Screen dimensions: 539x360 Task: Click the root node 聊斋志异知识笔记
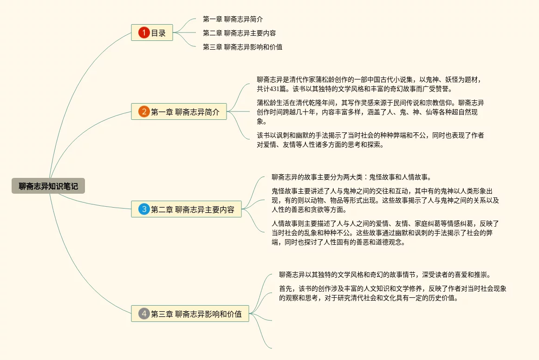coord(48,186)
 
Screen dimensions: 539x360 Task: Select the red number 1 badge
coord(144,33)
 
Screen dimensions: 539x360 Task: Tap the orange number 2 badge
coord(144,111)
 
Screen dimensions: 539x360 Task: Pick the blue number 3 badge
coord(144,209)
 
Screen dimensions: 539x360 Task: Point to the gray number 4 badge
coord(144,314)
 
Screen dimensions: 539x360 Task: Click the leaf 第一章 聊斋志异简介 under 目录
coord(233,20)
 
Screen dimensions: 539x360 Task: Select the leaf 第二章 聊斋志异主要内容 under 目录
coord(240,33)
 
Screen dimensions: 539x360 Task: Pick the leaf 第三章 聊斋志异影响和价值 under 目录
coord(243,47)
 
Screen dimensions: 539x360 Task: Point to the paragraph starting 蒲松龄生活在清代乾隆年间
coord(370,112)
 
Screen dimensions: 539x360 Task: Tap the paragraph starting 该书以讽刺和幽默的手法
coord(370,139)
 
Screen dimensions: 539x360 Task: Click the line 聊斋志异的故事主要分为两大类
coord(351,177)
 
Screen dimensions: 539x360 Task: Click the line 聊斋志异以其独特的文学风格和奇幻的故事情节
coord(385,275)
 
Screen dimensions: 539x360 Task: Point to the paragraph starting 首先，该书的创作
coord(392,293)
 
